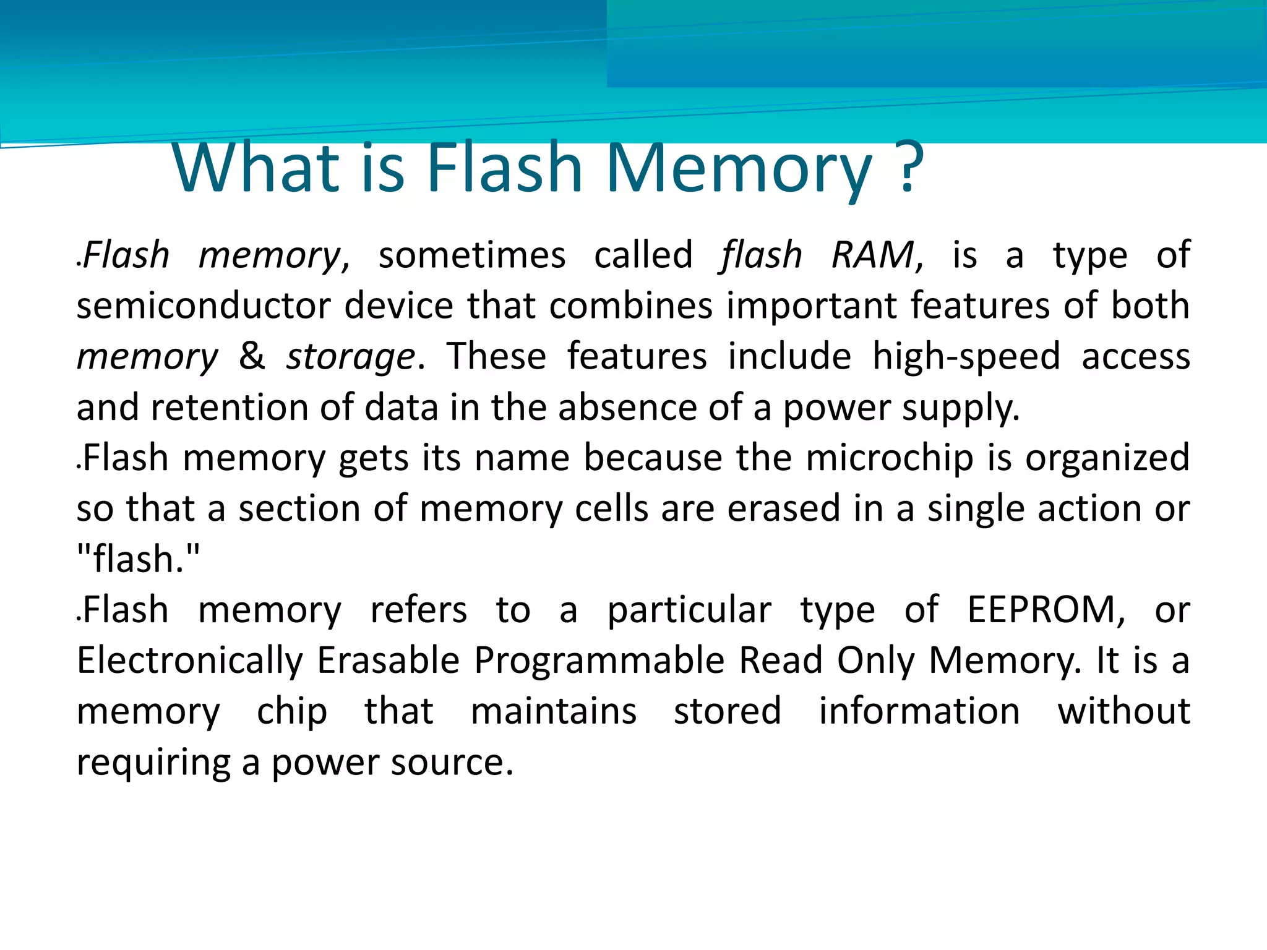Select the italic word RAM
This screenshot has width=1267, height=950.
tap(873, 255)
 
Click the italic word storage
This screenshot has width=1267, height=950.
tap(351, 357)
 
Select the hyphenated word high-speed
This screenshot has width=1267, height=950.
tap(966, 357)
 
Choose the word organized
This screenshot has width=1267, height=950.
tap(1107, 459)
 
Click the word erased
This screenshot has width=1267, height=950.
tap(783, 509)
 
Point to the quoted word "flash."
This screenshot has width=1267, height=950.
tap(139, 559)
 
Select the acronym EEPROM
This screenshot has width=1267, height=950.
tap(1046, 610)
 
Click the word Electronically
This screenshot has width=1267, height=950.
tap(189, 661)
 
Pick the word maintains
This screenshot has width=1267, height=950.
tap(554, 711)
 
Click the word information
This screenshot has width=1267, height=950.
tap(919, 711)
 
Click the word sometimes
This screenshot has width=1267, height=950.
tap(472, 255)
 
